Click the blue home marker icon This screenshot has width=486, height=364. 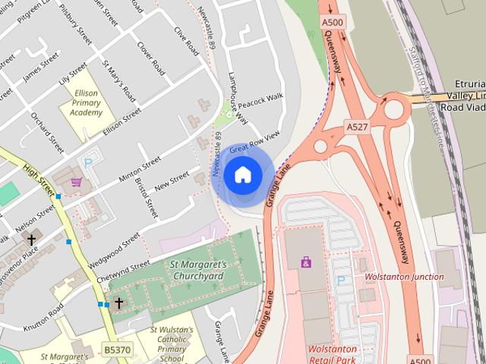tap(242, 175)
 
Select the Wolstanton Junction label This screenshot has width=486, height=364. tap(404, 277)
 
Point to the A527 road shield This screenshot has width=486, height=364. tap(358, 124)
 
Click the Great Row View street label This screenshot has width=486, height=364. tap(254, 140)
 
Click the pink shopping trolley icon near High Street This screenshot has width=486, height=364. tap(76, 182)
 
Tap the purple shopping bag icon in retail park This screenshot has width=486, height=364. tap(305, 262)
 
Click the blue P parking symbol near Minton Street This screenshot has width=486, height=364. tap(89, 163)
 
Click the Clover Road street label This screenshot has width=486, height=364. tap(150, 58)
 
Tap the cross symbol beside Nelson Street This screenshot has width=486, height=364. tap(31, 240)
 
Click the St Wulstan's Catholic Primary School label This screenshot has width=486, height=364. tap(172, 345)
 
